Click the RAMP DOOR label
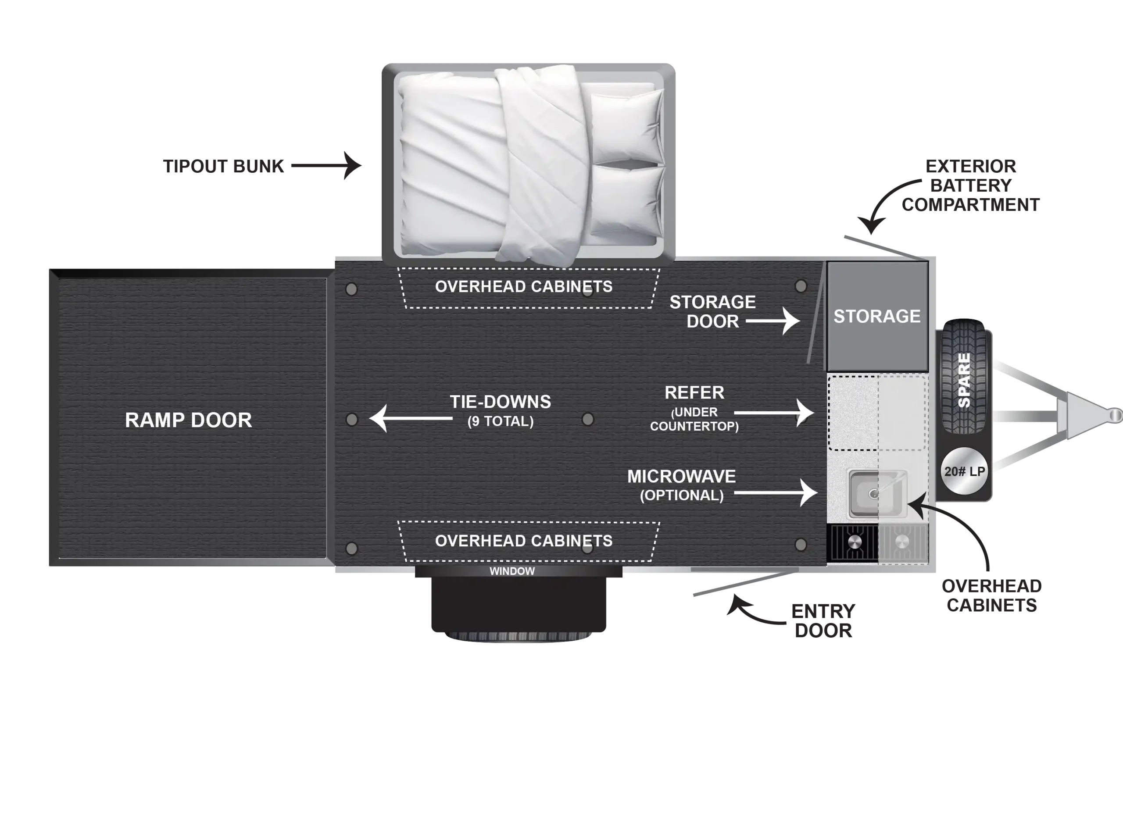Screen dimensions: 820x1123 click(188, 421)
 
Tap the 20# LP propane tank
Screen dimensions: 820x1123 click(964, 471)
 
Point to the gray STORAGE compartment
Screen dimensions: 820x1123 click(877, 316)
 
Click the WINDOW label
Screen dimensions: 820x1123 click(512, 571)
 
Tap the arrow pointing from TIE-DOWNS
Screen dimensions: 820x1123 click(410, 418)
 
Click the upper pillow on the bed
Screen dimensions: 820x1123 click(629, 127)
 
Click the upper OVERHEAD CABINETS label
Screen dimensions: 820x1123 click(524, 287)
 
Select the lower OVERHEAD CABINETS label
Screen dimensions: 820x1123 click(524, 541)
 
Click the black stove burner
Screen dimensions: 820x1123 click(854, 542)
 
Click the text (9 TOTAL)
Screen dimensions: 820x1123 click(501, 421)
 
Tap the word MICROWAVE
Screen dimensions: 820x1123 click(681, 477)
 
